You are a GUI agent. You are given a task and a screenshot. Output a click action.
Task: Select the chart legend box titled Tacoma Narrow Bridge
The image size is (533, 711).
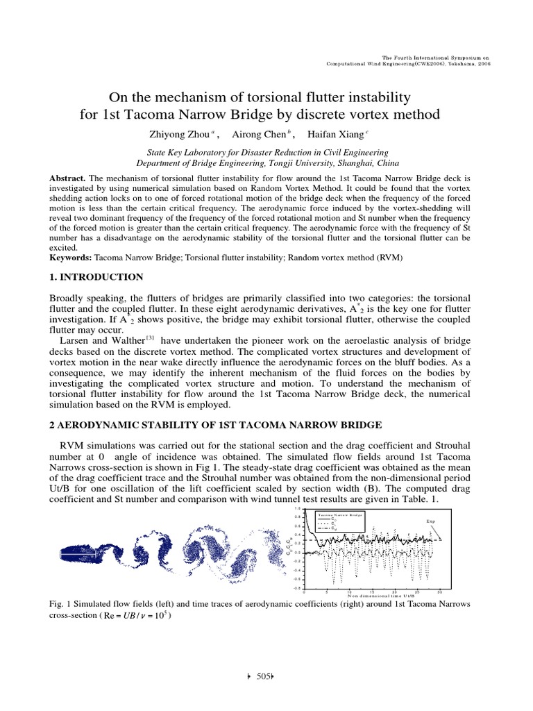(340, 521)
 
